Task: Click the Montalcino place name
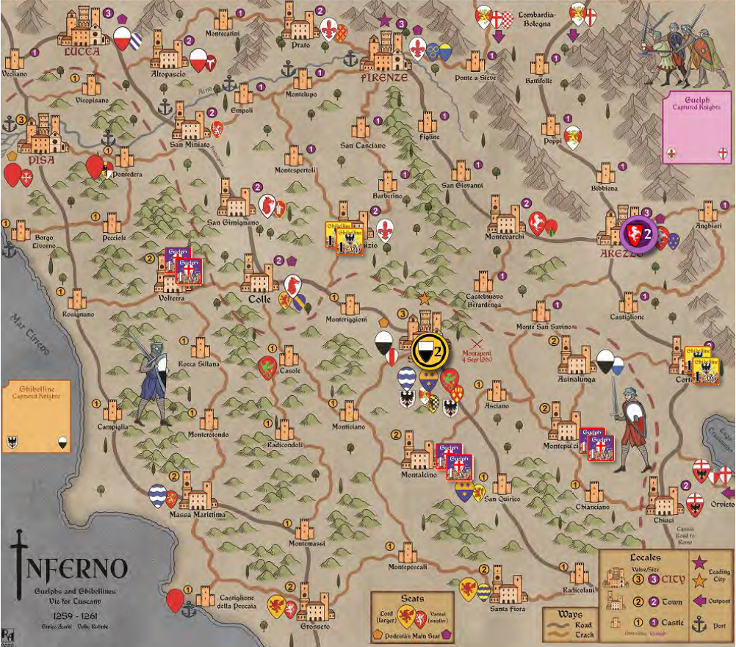click(419, 474)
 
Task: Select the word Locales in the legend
click(644, 557)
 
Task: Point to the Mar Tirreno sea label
click(33, 331)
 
